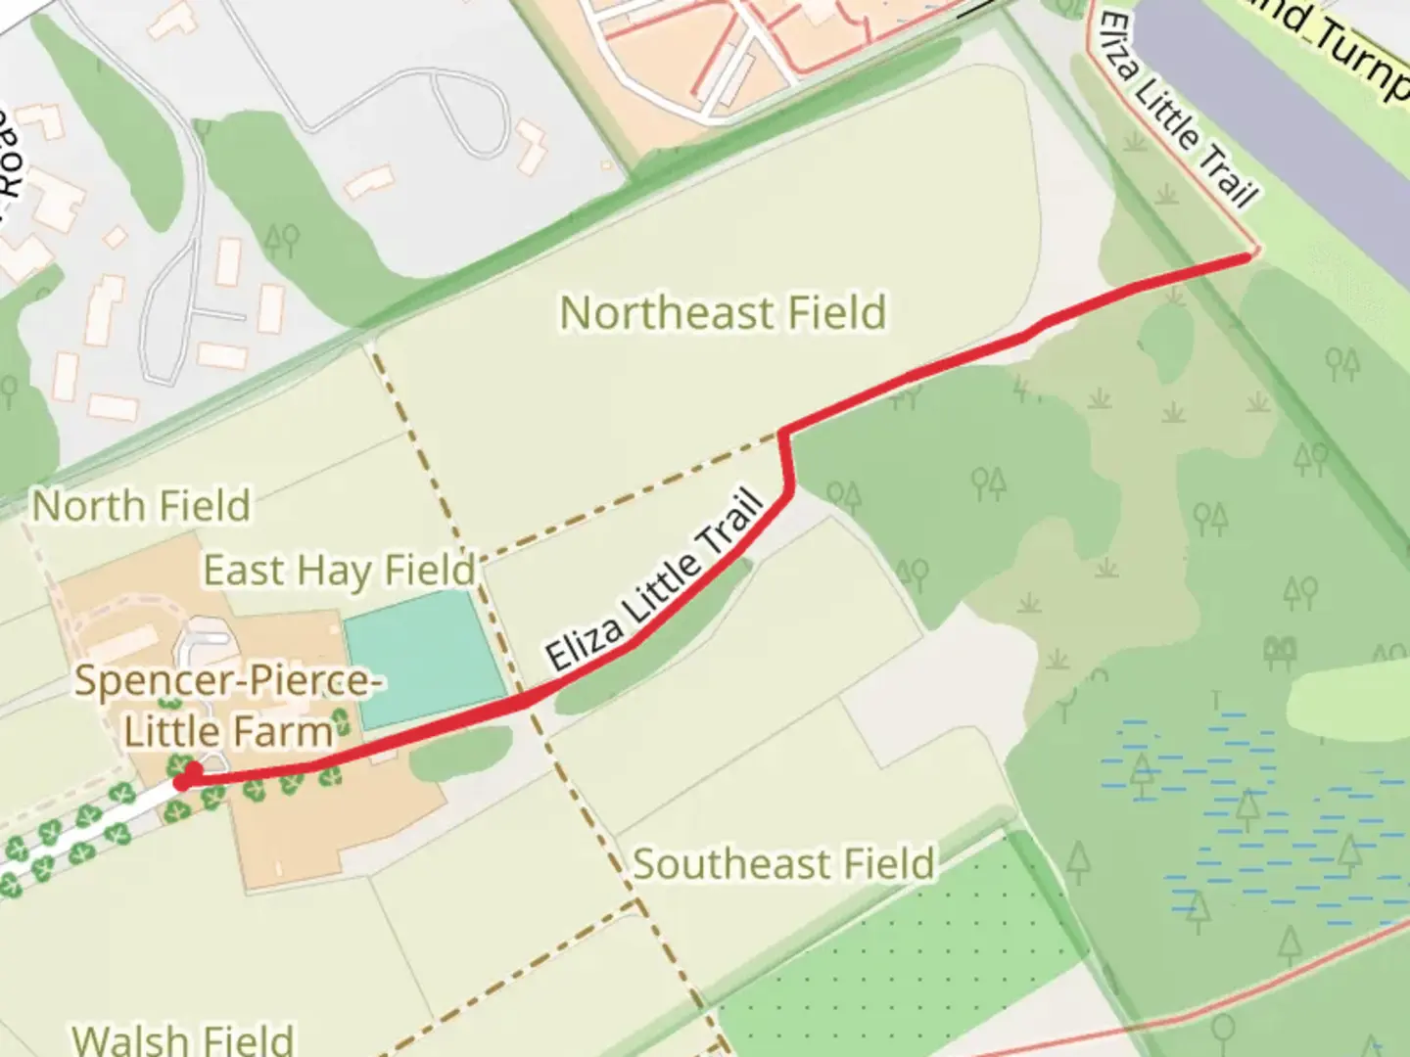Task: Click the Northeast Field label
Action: pyautogui.click(x=723, y=313)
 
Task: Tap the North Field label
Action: pyautogui.click(x=142, y=507)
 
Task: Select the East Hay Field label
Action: pyautogui.click(x=339, y=571)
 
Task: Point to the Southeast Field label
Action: pyautogui.click(x=783, y=864)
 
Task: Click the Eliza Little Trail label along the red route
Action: pyautogui.click(x=654, y=581)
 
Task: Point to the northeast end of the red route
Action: pyautogui.click(x=1248, y=256)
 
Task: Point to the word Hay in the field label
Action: pyautogui.click(x=340, y=571)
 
